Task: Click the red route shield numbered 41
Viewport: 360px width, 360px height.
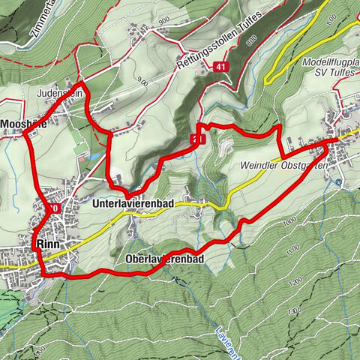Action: (219, 67)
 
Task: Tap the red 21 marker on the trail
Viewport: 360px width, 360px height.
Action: (198, 139)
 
